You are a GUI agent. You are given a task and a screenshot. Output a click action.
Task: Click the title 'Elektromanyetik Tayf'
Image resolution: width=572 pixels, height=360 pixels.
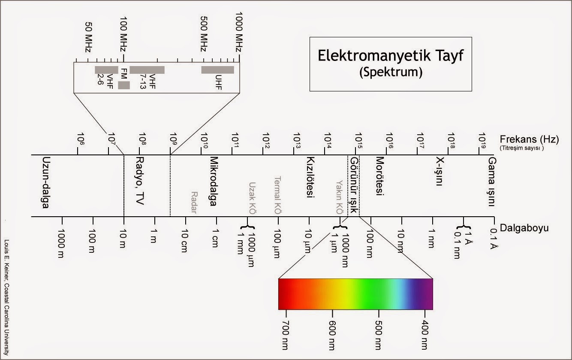(390, 56)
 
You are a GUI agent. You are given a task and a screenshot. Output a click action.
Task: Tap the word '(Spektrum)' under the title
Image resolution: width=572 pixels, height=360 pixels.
(390, 72)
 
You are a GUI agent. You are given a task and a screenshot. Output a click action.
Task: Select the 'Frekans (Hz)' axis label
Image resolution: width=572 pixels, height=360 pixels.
(529, 139)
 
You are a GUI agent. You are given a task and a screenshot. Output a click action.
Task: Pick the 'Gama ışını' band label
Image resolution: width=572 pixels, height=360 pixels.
(491, 182)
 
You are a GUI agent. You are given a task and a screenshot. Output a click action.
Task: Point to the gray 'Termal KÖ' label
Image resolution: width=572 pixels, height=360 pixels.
(277, 196)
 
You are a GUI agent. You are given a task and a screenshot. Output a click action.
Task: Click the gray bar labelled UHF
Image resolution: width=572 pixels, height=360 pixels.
(218, 70)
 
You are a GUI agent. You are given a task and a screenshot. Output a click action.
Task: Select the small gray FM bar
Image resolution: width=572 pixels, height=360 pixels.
(124, 85)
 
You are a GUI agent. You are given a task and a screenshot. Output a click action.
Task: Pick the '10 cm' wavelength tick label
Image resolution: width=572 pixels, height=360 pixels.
(184, 242)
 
